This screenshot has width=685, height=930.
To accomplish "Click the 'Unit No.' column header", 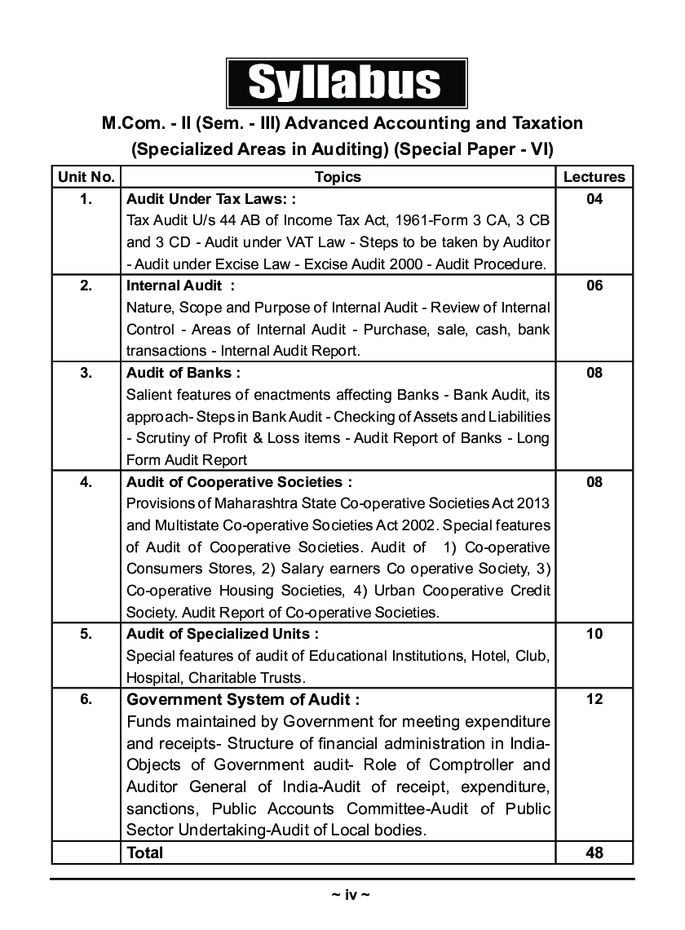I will [x=86, y=177].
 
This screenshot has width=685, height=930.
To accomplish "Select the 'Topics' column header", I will [x=338, y=177].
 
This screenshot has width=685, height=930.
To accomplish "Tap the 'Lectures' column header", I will [x=594, y=177].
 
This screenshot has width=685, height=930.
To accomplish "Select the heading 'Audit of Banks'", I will [x=183, y=373].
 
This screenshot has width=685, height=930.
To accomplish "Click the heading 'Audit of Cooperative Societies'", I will [x=239, y=482].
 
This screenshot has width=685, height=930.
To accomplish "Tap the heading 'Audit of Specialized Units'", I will [x=223, y=634].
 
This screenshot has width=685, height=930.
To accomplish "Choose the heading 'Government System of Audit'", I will [x=242, y=699].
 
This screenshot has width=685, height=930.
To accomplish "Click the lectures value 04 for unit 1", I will [x=594, y=198].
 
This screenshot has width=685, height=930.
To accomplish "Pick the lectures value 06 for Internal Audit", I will [x=594, y=286].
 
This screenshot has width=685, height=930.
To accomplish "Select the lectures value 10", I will [x=594, y=634].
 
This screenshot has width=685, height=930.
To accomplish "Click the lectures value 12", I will [x=594, y=699].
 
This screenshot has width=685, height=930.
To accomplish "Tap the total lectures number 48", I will [x=594, y=852].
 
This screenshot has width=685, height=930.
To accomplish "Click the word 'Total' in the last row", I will [x=144, y=852].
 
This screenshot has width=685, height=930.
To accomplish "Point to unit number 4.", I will [x=86, y=482].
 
